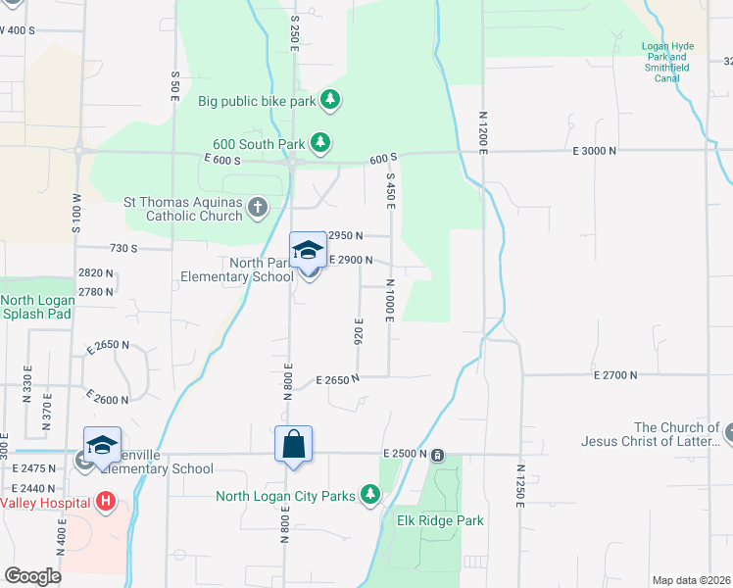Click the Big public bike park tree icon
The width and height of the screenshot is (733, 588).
point(331,100)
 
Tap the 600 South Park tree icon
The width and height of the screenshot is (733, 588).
point(319,143)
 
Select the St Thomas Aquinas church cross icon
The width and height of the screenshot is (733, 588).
point(257,207)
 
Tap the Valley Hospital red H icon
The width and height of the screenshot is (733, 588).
point(106,503)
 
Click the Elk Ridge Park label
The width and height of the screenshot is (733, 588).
point(440,520)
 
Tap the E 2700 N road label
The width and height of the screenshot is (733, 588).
point(615,374)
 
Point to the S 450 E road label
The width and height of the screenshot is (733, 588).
point(390,191)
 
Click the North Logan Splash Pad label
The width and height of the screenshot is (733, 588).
point(35,307)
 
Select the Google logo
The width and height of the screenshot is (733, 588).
point(33,575)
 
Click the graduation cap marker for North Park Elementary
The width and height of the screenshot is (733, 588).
point(308,251)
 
